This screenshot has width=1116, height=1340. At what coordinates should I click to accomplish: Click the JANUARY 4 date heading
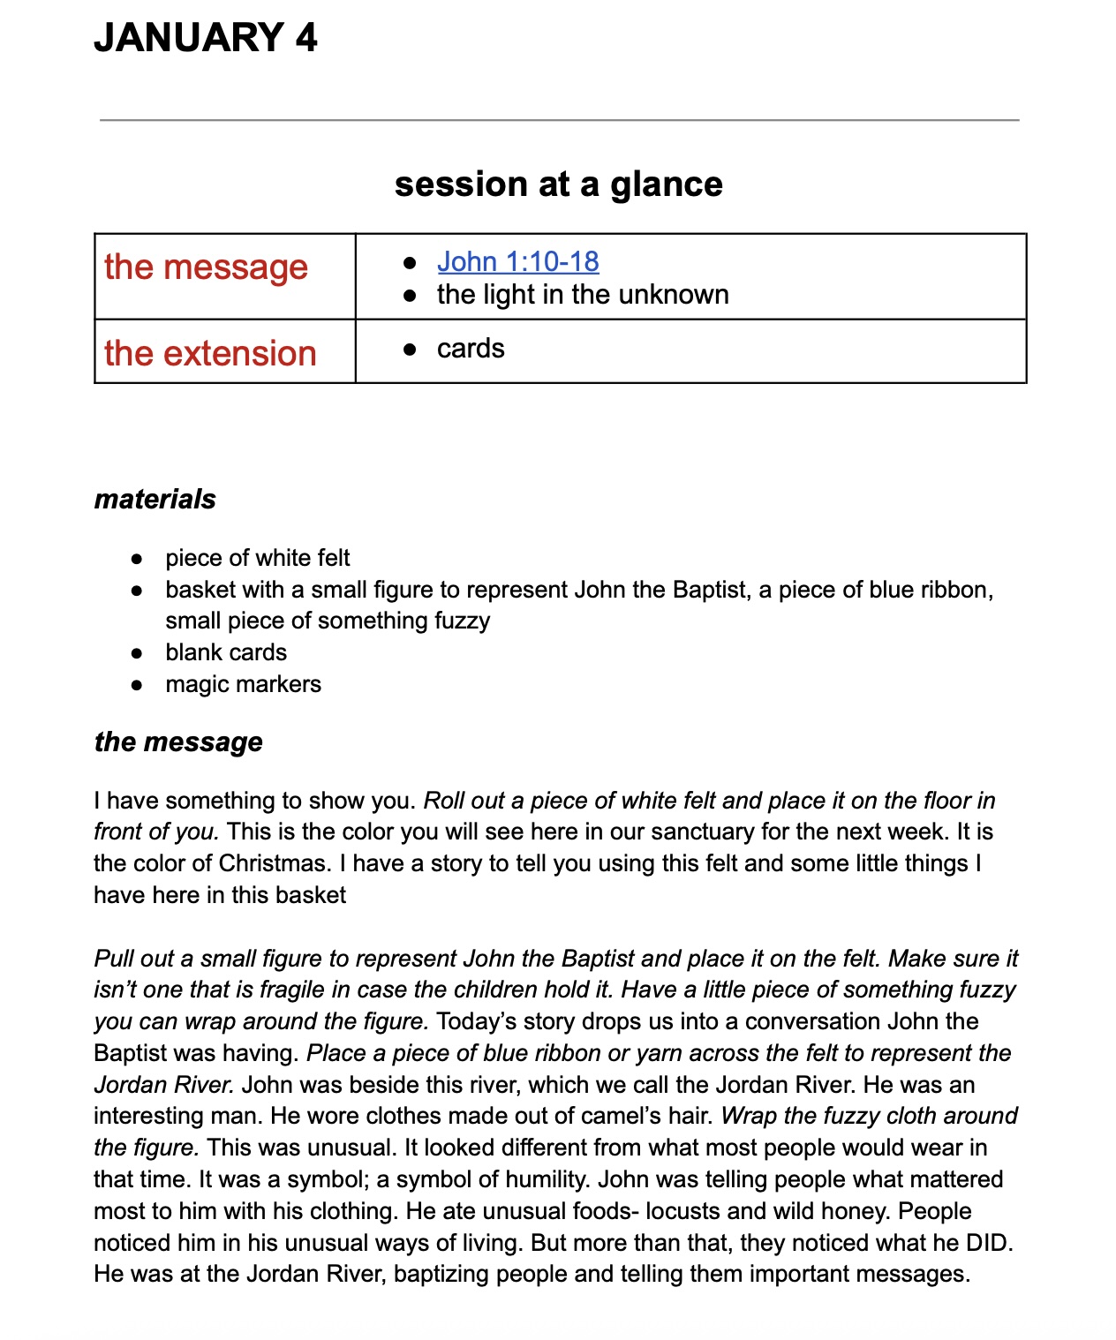tap(205, 38)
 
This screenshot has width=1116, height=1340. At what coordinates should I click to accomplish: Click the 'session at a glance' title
tap(558, 184)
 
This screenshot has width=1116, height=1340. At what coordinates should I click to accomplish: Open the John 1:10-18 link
tap(517, 261)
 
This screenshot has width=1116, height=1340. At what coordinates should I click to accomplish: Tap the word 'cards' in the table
tap(471, 349)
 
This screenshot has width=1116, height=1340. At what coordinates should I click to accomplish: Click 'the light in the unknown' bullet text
tap(583, 295)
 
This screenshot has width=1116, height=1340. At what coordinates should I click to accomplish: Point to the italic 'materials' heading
tap(155, 500)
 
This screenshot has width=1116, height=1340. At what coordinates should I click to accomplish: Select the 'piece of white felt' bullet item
tap(257, 558)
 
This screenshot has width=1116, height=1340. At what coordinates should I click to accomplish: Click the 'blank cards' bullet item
tap(226, 652)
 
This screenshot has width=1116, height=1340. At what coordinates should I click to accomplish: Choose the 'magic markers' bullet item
tap(243, 684)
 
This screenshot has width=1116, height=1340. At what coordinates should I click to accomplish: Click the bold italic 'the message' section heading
tap(178, 742)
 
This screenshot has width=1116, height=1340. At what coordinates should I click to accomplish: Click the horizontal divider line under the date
tap(559, 119)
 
